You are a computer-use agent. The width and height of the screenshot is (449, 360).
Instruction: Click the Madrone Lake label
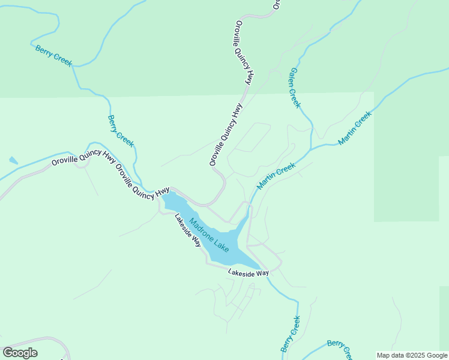[x=209, y=235]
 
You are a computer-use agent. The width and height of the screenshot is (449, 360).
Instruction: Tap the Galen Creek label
[x=295, y=87]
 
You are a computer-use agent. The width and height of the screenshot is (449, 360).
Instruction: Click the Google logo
[x=20, y=353]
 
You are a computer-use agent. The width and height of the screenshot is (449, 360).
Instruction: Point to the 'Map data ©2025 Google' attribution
[x=412, y=355]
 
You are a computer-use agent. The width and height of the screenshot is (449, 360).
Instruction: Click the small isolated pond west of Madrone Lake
[x=13, y=161]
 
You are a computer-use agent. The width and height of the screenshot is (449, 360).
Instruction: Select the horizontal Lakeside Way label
[x=248, y=273]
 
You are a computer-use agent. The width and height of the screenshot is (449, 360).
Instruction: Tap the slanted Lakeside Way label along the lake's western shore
[x=188, y=230]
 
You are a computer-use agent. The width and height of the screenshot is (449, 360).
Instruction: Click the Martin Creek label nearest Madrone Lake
[x=276, y=176]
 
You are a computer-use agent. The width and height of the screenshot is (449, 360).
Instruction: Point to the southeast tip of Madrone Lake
[x=259, y=268]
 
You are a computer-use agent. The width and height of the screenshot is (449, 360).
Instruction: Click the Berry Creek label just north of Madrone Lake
[x=121, y=131]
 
